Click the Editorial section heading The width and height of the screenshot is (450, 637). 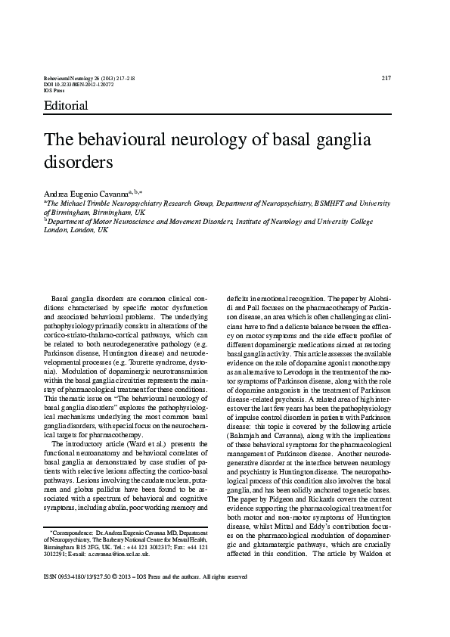click(x=67, y=106)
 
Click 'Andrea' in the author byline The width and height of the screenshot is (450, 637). click(x=59, y=194)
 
